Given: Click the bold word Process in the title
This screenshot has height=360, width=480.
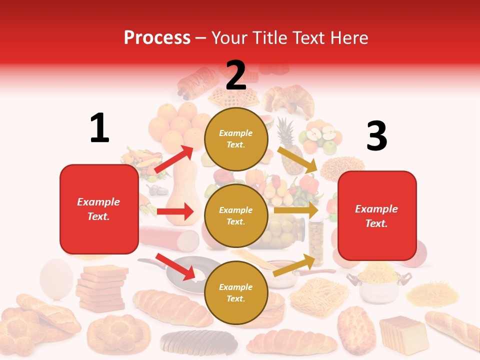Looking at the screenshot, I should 157,37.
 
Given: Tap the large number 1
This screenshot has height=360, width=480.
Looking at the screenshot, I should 99,128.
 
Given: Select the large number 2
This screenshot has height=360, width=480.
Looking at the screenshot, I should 236,75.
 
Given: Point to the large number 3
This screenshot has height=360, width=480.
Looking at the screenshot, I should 376,136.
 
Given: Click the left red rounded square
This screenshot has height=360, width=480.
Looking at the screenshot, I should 99,209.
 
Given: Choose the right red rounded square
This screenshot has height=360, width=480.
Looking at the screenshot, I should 377,215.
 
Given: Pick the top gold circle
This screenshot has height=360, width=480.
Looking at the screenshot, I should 236,139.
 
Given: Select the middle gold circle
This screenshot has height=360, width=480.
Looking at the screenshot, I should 236,215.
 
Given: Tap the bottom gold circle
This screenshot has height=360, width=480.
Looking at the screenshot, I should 236,292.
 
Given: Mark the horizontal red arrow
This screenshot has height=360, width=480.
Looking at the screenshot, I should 175,211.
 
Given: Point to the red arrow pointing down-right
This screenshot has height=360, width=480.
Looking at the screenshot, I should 175,266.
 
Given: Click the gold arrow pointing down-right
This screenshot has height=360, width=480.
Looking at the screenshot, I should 297,159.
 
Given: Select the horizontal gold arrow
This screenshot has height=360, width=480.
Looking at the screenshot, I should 296,210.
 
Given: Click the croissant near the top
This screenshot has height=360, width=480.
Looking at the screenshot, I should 288,100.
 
